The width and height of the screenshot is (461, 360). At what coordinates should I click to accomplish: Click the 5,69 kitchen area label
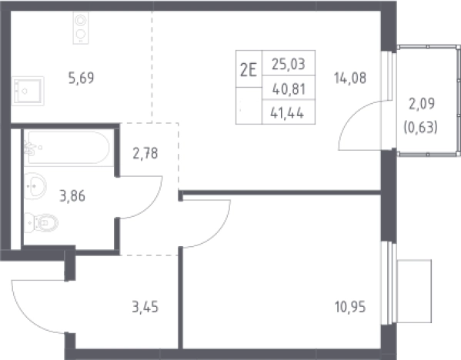(x=81, y=78)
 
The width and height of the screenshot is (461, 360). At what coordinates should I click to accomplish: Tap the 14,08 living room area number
(x=350, y=78)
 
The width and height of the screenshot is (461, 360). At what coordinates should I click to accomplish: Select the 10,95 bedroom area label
(x=350, y=307)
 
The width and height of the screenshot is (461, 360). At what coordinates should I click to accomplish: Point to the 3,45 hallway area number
(x=145, y=307)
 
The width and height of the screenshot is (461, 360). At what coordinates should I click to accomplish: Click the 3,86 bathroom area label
(x=72, y=195)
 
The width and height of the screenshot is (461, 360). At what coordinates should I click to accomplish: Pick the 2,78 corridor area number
(x=145, y=153)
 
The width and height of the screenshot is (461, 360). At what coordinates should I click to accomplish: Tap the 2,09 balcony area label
(x=422, y=103)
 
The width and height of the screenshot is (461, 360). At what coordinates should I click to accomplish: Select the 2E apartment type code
(x=249, y=70)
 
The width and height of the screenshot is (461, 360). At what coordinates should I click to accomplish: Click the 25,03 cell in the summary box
(x=289, y=64)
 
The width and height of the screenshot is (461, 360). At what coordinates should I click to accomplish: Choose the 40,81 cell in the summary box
(x=289, y=89)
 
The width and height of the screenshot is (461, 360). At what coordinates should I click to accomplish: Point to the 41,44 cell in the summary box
(x=287, y=113)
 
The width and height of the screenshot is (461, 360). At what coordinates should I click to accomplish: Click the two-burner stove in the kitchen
(x=81, y=28)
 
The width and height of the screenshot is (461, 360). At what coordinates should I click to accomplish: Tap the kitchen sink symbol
(x=28, y=91)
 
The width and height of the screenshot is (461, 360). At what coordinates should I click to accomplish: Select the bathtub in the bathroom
(x=68, y=148)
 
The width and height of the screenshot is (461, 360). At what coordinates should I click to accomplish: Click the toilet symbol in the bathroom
(x=41, y=223)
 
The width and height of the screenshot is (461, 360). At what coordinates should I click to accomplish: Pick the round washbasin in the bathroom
(x=35, y=186)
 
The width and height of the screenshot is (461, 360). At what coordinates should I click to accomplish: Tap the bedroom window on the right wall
(x=388, y=283)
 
